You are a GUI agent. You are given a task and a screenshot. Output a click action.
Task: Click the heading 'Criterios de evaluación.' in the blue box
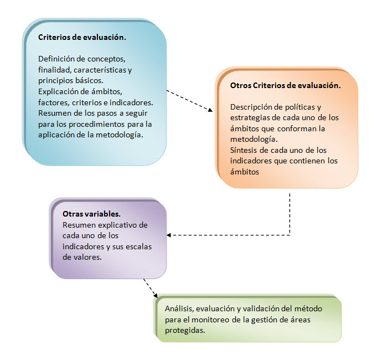click(82, 37)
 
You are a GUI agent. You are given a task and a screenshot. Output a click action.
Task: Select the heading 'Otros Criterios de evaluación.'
click(286, 85)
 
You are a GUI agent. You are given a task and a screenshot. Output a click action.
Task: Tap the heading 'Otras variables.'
click(91, 214)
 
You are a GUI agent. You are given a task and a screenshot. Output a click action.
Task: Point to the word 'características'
click(100, 70)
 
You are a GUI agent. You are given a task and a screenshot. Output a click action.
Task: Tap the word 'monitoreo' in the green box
click(210, 320)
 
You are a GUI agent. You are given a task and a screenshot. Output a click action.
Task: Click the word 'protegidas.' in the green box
click(185, 331)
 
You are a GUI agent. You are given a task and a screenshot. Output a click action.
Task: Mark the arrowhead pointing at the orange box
click(210, 110)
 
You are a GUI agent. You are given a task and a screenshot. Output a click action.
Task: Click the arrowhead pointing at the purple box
click(169, 235)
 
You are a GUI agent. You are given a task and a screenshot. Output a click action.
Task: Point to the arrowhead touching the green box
click(155, 295)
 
